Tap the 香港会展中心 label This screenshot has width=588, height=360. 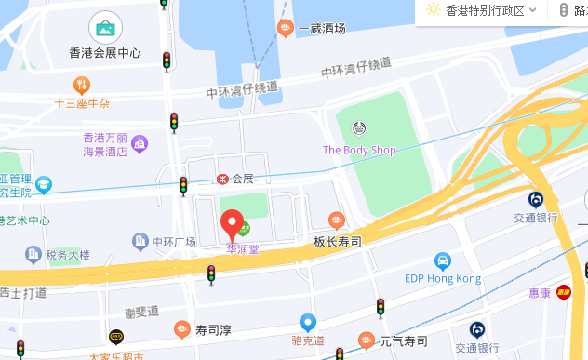(x=105, y=53)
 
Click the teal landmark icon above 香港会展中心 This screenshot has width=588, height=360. (x=105, y=27)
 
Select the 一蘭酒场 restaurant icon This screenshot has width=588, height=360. (x=286, y=28)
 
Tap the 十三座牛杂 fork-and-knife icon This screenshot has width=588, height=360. (x=83, y=86)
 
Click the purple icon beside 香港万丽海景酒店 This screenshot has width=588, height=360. (x=140, y=142)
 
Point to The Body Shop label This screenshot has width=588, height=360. (x=359, y=151)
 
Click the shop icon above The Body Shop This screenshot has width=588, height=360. (x=359, y=127)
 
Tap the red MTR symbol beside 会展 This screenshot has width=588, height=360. (x=221, y=179)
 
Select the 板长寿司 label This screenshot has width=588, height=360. (x=337, y=241)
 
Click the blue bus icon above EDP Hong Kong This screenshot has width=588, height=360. (x=443, y=260)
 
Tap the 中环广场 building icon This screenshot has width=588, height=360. (x=140, y=242)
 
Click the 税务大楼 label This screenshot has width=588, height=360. (x=68, y=255)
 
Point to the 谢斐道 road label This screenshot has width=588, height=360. (x=141, y=312)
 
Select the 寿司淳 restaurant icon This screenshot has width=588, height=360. (x=182, y=328)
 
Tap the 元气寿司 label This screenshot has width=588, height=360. (x=403, y=340)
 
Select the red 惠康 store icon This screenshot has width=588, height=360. (x=563, y=292)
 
